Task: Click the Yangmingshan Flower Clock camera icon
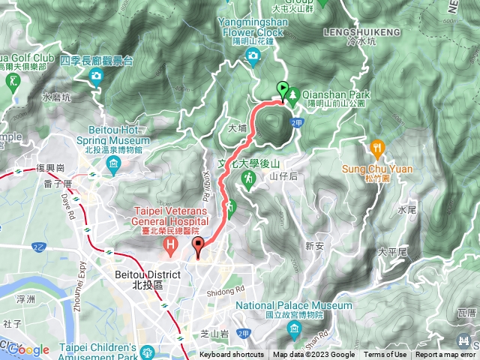tap(253, 55)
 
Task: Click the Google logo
tap(28, 349)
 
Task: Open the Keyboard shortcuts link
tap(231, 355)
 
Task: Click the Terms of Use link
tap(385, 355)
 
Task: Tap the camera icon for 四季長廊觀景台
tap(97, 75)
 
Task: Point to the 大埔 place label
tap(237, 128)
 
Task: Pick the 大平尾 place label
tap(391, 253)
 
